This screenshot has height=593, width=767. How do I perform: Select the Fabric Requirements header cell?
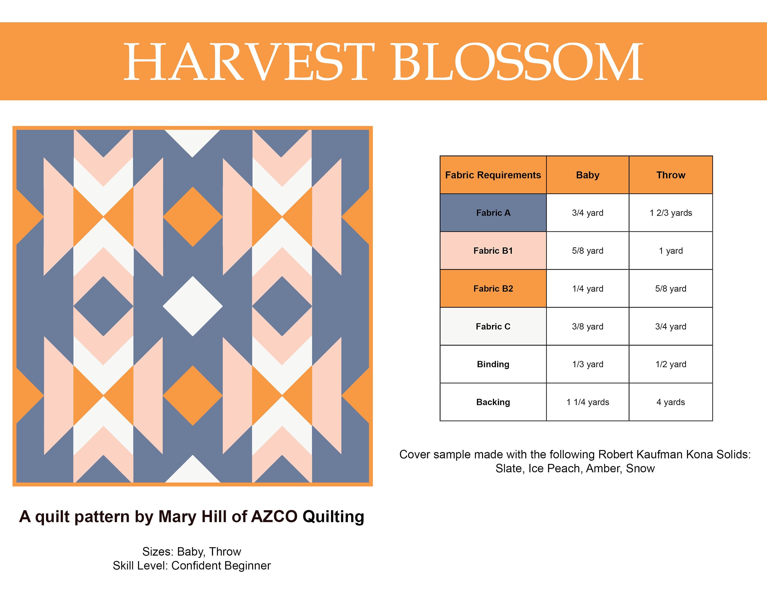493,175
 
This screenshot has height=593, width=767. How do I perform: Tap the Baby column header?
588,175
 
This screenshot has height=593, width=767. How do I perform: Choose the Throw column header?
671,175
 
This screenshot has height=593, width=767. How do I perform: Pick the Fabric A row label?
493,213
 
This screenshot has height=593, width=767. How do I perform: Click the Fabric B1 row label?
493,251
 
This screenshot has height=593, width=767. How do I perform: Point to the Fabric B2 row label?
493,289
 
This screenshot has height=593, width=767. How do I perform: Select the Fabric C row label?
493,327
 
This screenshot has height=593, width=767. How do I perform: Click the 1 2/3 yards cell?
671,213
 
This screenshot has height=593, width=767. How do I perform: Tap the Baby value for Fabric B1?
588,251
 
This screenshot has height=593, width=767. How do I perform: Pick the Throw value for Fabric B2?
671,289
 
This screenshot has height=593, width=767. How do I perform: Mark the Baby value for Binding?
588,364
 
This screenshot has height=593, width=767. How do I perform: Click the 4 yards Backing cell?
671,402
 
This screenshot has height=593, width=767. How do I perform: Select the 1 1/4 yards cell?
588,402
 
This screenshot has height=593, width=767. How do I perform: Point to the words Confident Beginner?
221,566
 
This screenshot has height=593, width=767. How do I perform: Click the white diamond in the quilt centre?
193,306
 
